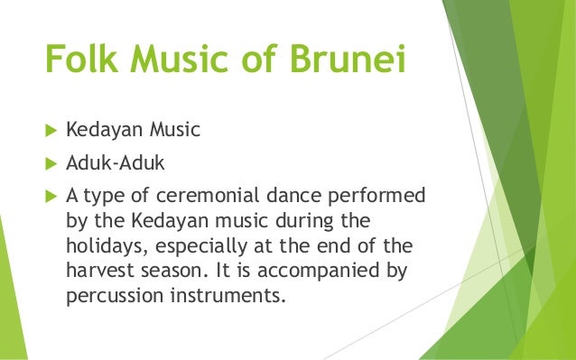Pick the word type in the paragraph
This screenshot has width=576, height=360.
(x=104, y=196)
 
